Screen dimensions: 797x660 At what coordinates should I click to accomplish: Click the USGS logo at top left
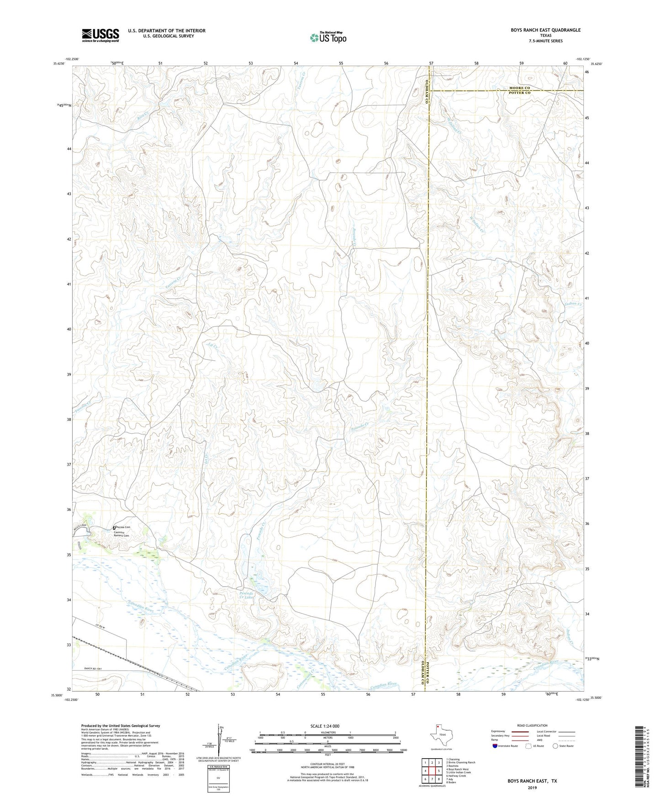(100, 35)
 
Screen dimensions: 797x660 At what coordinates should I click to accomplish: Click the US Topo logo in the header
(328, 37)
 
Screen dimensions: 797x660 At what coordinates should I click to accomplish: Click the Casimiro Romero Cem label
(121, 534)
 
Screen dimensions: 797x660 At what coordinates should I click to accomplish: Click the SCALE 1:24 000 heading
(325, 726)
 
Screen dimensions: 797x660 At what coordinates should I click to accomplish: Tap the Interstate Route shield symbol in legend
(495, 746)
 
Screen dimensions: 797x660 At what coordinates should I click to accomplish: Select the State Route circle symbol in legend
(555, 746)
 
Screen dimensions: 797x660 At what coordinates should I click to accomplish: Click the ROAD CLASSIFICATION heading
(532, 725)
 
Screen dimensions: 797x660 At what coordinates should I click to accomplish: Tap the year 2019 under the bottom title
(532, 787)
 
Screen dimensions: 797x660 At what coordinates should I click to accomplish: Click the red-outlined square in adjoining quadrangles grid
(432, 771)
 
